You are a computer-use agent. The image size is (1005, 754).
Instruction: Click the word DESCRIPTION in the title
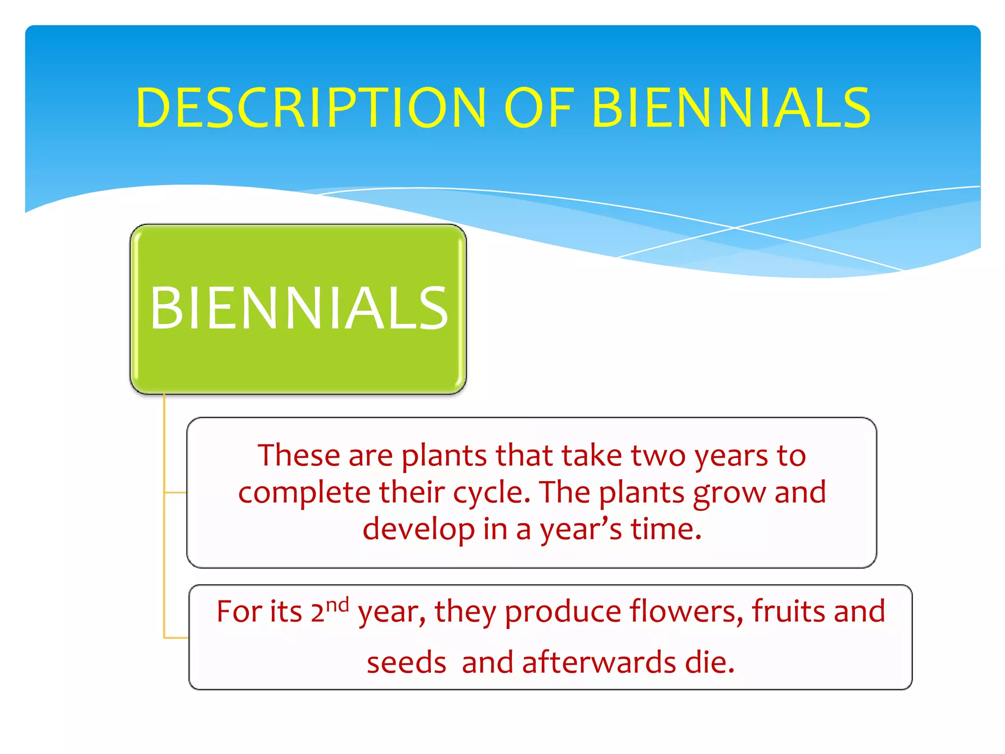click(311, 108)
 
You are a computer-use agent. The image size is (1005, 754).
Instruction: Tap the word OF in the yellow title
click(539, 108)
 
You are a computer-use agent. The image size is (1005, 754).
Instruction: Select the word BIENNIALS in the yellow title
click(731, 108)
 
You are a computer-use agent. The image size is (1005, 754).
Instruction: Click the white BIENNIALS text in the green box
click(299, 309)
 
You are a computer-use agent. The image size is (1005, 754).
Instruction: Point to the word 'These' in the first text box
click(298, 455)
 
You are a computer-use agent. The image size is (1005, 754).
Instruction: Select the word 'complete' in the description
click(304, 492)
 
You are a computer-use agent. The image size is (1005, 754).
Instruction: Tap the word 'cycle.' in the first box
click(492, 493)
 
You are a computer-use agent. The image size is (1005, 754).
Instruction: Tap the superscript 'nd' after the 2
click(338, 604)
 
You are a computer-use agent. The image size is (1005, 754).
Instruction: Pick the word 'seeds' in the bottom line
click(406, 663)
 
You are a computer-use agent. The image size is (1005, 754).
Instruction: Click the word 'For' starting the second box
click(239, 612)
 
